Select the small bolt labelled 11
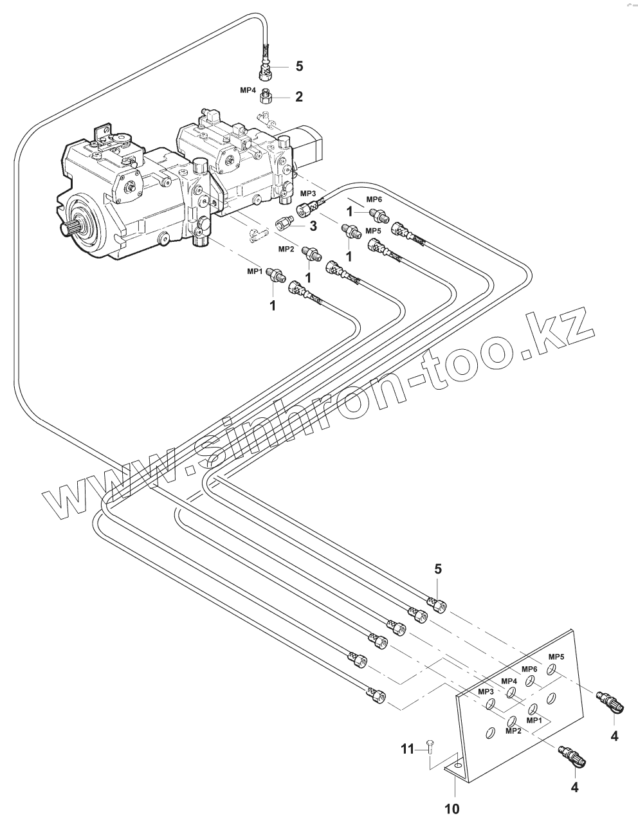pyautogui.click(x=428, y=748)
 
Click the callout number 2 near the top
pyautogui.click(x=299, y=97)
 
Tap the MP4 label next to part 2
pyautogui.click(x=249, y=90)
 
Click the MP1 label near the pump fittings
pyautogui.click(x=255, y=272)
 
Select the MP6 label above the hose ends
pyautogui.click(x=374, y=199)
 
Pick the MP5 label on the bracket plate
pyautogui.click(x=556, y=657)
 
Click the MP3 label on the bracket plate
pyautogui.click(x=485, y=691)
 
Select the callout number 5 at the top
pyautogui.click(x=299, y=66)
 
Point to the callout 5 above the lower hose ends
pyautogui.click(x=438, y=568)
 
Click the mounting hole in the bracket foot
pyautogui.click(x=457, y=766)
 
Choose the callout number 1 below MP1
pyautogui.click(x=272, y=306)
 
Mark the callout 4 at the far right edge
pyautogui.click(x=614, y=736)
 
